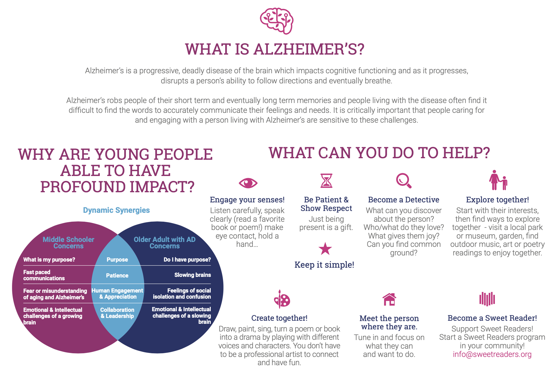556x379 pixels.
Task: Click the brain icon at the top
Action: coord(276,21)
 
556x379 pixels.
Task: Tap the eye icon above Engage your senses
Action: coord(248,183)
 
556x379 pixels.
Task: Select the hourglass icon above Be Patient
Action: coord(326,181)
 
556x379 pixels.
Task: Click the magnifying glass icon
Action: coord(403,181)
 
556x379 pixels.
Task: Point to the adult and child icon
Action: coord(498,180)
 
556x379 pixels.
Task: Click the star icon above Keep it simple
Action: coord(325,249)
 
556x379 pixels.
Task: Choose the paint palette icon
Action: coord(282,299)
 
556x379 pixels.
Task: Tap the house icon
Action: coord(389,299)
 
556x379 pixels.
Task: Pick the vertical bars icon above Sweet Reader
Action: coord(487,299)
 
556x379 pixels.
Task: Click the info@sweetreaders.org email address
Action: coord(492,354)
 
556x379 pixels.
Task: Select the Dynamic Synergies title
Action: coord(116,210)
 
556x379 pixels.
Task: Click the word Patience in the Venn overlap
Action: coord(117,276)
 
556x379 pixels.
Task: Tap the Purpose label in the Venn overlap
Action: coord(117,260)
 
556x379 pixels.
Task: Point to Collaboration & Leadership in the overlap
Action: coord(117,313)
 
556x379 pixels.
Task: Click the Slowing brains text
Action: coord(192,275)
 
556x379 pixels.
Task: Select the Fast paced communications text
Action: coord(44,275)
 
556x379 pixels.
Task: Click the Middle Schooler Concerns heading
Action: coord(69,243)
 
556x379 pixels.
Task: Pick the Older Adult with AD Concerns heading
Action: coord(165,243)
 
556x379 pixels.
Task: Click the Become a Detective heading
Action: coord(404,200)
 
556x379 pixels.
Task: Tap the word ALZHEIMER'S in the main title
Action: coord(308,49)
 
